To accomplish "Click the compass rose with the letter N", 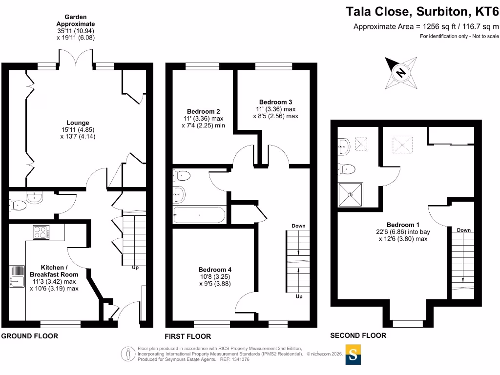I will (x=401, y=72).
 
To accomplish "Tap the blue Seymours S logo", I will (x=354, y=354).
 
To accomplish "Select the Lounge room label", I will (x=78, y=123).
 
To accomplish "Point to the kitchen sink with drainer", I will (x=17, y=276).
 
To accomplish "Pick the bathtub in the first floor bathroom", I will (x=199, y=214).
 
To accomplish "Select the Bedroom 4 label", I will (x=215, y=270).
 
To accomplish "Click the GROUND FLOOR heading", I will (x=29, y=336).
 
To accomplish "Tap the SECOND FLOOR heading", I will (x=358, y=335).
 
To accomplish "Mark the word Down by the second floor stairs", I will (x=464, y=230).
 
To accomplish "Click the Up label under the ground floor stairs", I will (x=135, y=268).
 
